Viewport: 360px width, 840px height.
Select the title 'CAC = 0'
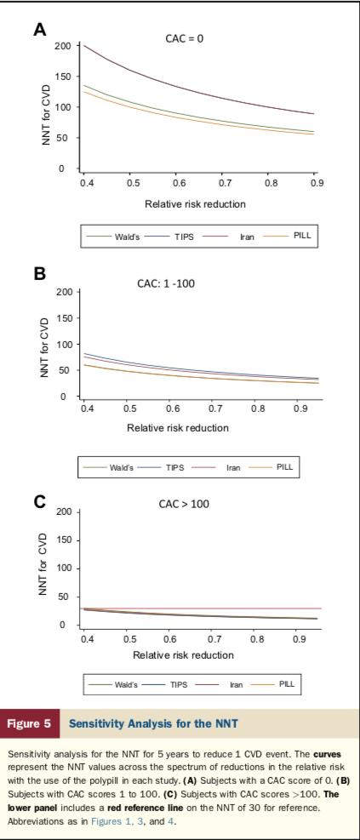[188, 38]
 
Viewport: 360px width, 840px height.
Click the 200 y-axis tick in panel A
[60, 45]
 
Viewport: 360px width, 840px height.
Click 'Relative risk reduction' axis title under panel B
[180, 427]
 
